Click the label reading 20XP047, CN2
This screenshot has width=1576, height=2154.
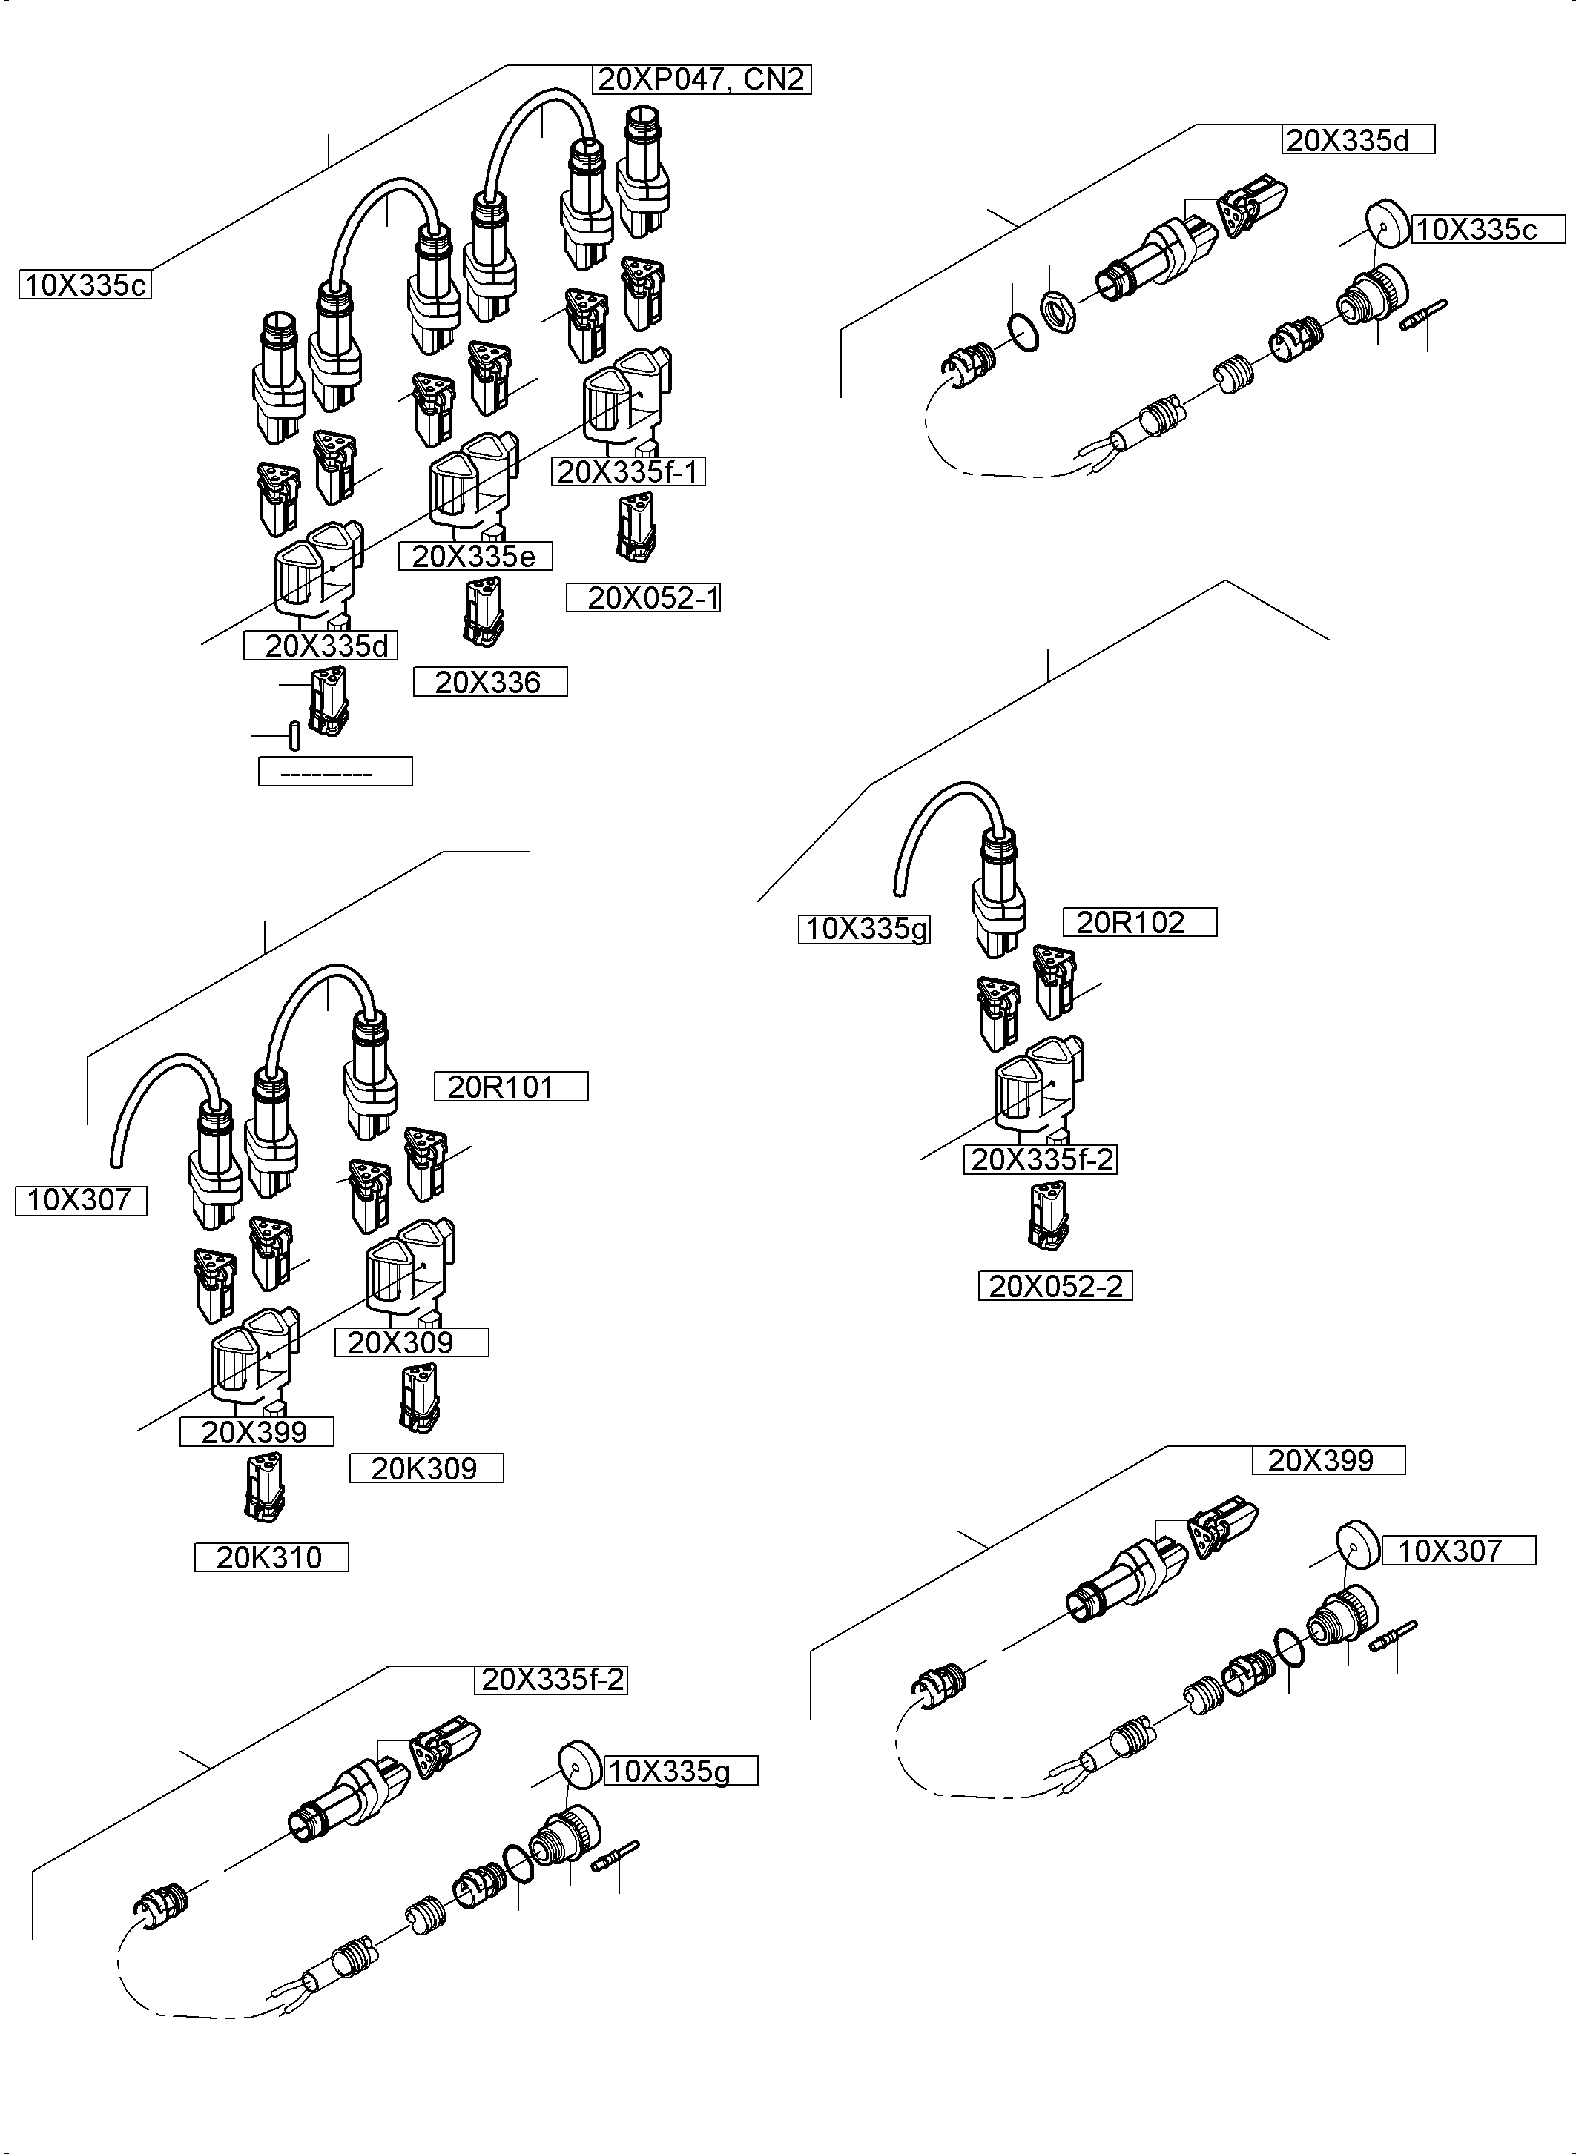click(702, 79)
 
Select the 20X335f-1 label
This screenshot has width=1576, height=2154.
click(630, 472)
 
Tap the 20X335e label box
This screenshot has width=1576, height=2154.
click(475, 556)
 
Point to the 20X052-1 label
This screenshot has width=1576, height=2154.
click(644, 598)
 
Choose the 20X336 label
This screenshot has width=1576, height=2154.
click(489, 682)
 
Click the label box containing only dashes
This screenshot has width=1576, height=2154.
click(334, 772)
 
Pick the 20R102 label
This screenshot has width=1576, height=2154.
click(1140, 922)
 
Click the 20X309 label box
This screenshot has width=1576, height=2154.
click(411, 1342)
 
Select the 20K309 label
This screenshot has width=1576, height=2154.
click(426, 1468)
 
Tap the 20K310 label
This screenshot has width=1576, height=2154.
click(271, 1557)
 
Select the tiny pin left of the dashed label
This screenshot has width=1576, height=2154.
click(294, 736)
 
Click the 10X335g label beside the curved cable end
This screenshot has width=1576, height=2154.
click(864, 929)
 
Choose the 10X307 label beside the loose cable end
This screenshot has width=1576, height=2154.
click(81, 1201)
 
